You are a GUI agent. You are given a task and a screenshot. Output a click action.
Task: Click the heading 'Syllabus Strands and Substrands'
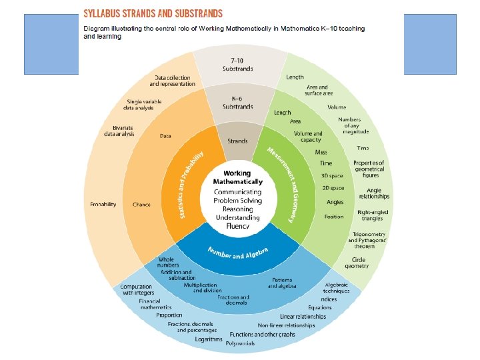161,13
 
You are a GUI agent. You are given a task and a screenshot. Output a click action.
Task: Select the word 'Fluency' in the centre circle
237,226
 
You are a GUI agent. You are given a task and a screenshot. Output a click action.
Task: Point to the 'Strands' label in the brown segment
238,141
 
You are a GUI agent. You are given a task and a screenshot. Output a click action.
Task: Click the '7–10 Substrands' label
237,65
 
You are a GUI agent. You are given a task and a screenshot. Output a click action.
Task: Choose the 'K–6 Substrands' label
238,103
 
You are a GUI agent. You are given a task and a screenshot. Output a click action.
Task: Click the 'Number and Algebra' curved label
238,253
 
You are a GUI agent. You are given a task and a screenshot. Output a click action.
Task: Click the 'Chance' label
141,205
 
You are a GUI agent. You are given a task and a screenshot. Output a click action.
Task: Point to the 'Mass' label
321,152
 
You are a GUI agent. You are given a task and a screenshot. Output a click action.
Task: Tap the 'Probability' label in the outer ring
103,204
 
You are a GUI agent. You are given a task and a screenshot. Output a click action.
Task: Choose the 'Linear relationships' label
303,316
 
